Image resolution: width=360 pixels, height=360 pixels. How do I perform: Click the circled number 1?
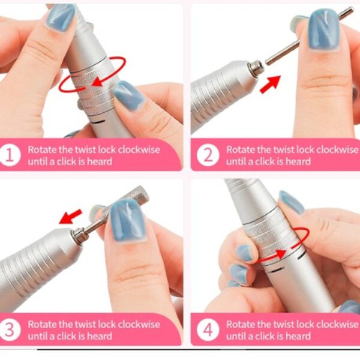[x=10, y=155]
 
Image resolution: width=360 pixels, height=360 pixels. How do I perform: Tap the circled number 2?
[x=208, y=155]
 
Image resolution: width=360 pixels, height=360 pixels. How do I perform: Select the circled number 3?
[x=10, y=330]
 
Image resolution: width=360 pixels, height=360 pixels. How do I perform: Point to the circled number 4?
[x=208, y=330]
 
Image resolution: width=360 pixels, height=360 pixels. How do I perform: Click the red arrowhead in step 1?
[x=97, y=82]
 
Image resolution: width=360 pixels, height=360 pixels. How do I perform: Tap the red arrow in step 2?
[x=271, y=84]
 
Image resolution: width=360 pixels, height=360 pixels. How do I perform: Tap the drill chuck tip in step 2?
[x=256, y=68]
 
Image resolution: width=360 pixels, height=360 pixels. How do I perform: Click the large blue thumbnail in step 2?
[x=324, y=29]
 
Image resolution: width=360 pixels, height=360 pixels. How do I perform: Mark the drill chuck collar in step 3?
[x=78, y=236]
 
